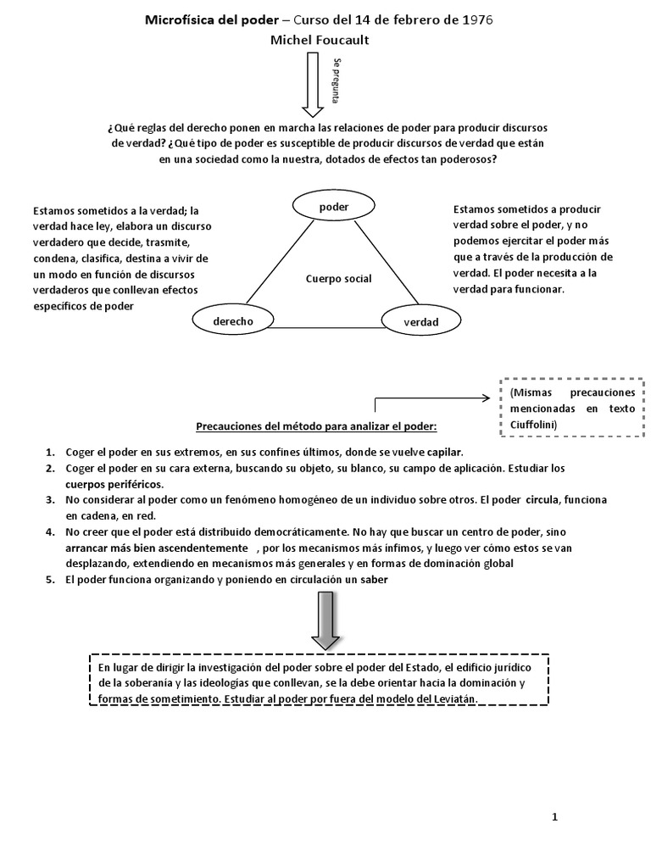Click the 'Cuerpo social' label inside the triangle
(339, 278)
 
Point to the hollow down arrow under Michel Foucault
(313, 85)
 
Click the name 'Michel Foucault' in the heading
(320, 40)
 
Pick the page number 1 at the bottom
(554, 817)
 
